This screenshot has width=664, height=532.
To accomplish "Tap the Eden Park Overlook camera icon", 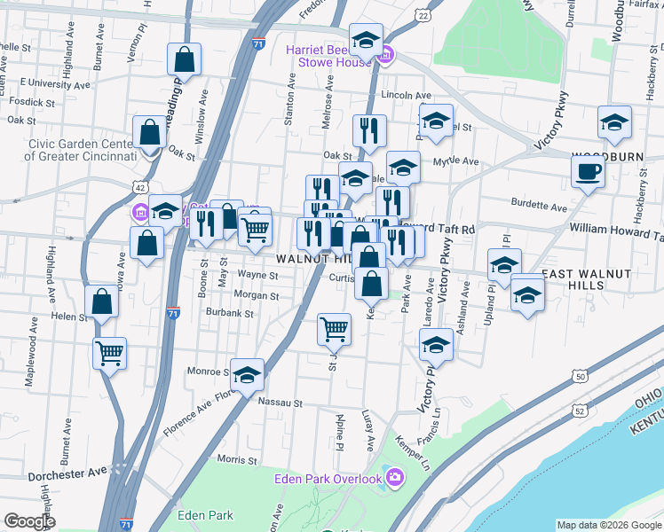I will coord(395,479).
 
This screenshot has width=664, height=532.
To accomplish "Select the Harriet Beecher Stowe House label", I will coord(328,56).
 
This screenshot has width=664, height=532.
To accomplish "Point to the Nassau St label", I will coord(281,402).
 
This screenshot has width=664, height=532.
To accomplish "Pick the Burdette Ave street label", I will coord(540,207).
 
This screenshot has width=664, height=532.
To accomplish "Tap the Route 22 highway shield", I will coord(423,16).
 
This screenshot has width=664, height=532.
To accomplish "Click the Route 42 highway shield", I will coord(138,187).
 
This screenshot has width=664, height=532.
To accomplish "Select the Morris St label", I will coord(236,459).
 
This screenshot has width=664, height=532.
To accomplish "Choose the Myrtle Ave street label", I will coord(455,161).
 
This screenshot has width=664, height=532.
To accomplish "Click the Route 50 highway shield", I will coord(581,377).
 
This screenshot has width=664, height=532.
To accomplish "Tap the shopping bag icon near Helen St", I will coord(103,301).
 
